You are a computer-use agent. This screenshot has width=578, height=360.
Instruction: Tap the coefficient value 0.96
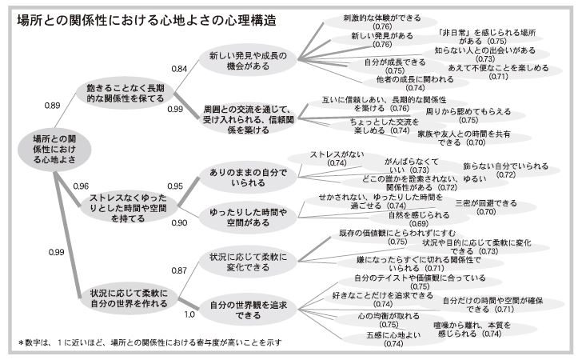tap(79, 186)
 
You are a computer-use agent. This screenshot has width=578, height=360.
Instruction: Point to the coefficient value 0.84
tap(181, 70)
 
